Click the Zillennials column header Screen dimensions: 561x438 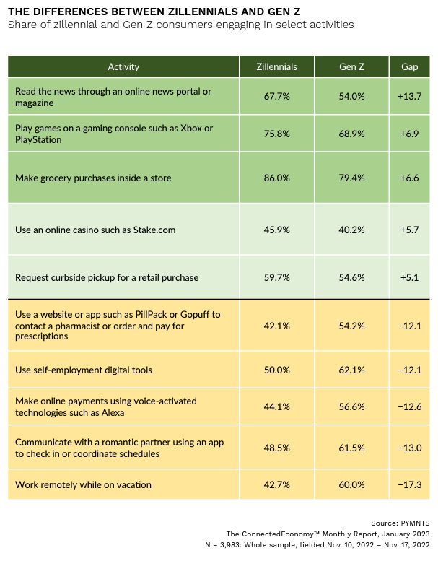coord(277,66)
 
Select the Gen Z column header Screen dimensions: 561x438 coord(351,66)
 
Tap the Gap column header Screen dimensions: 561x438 coord(408,66)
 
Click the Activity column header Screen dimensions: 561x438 coord(123,66)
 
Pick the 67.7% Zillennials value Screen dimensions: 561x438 coord(277,97)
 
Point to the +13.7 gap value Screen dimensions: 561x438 coord(408,97)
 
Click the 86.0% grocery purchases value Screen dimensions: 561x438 coord(277,176)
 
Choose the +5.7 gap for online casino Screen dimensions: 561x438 coord(408,230)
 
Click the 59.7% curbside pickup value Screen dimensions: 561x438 coord(277,277)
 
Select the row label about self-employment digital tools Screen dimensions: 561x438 coord(84,370)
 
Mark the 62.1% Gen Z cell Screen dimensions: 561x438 coord(351,370)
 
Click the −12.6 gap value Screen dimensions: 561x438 coord(408,406)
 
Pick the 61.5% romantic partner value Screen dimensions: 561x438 coord(351,447)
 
